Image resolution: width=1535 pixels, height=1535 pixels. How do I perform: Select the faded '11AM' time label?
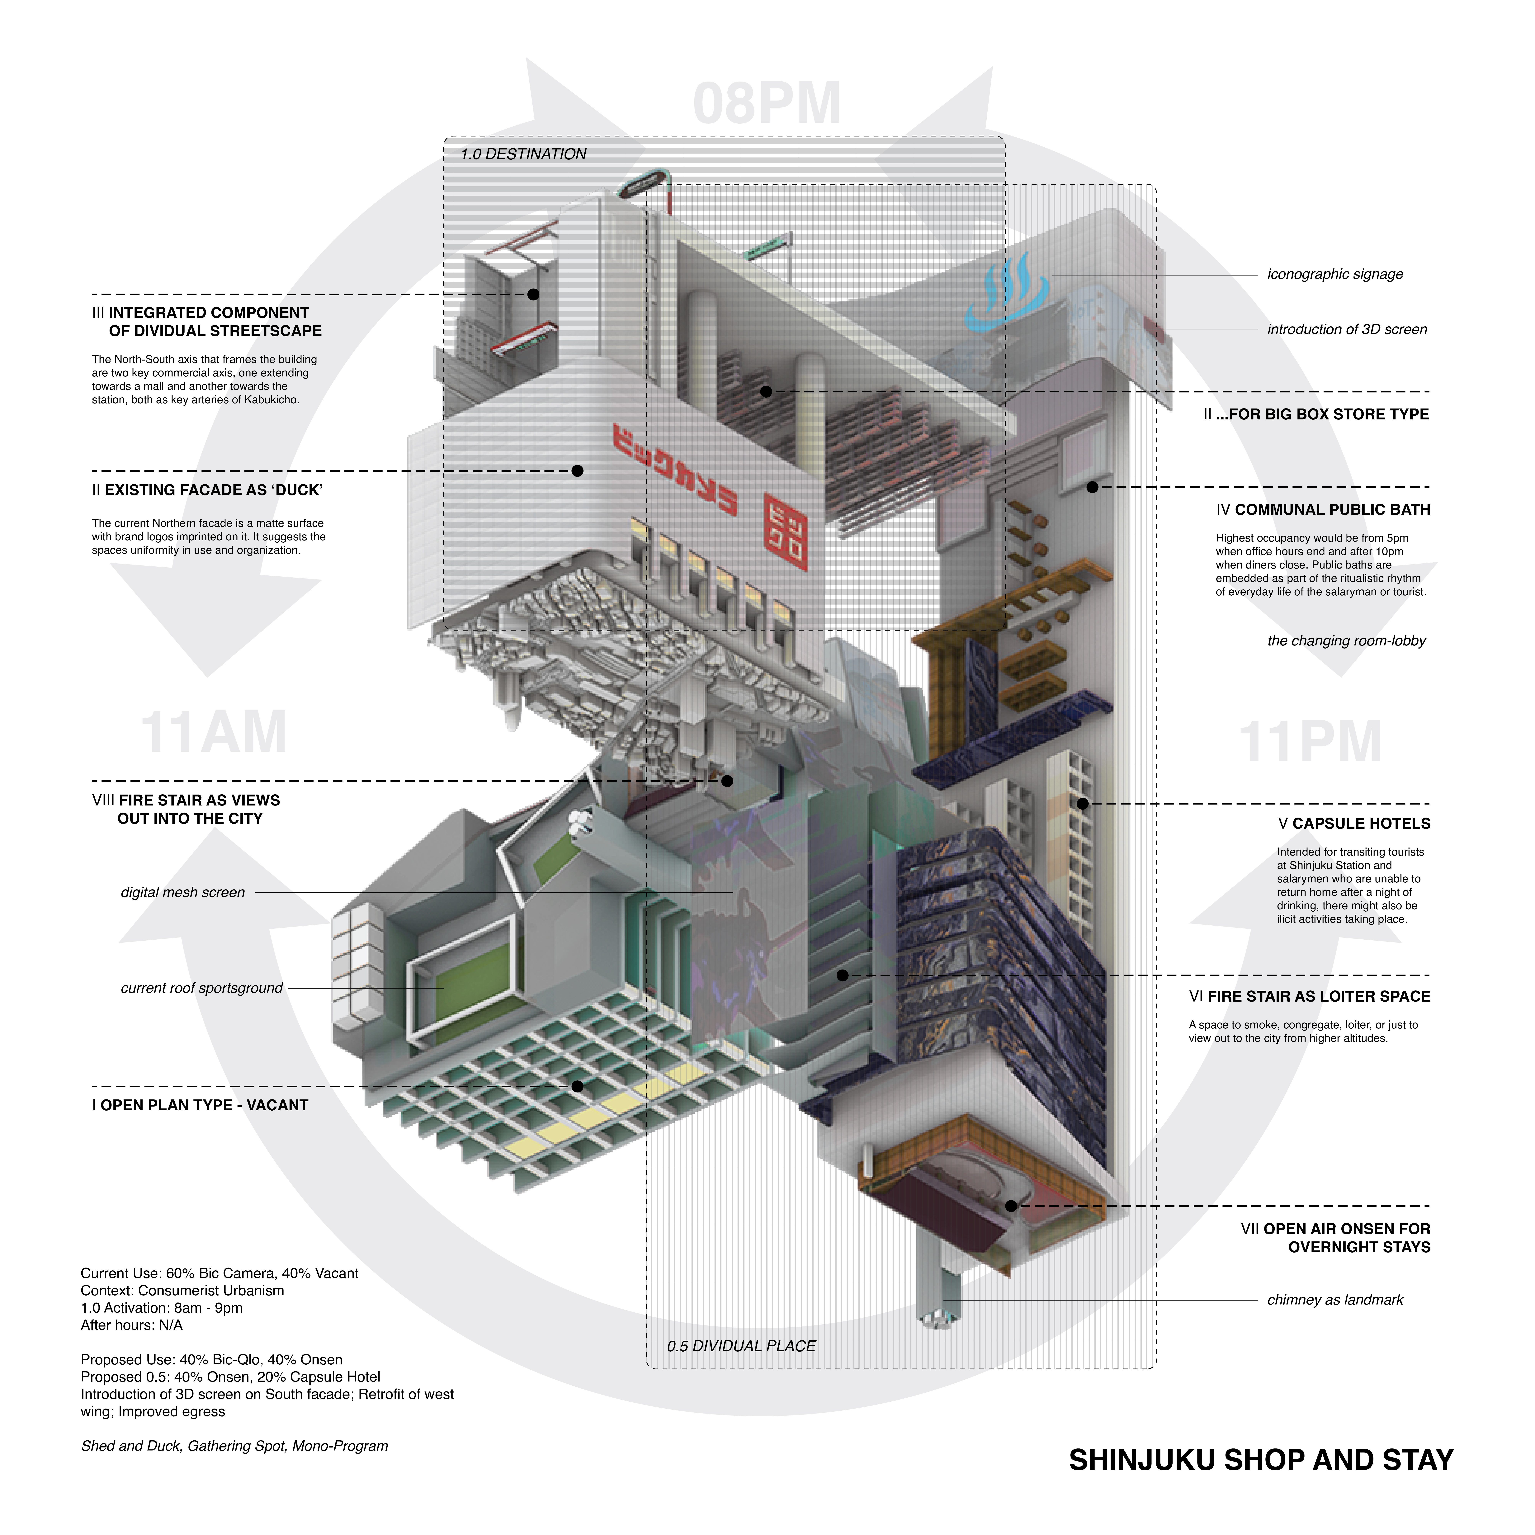point(213,733)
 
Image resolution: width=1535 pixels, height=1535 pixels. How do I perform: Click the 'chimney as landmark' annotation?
point(1335,1300)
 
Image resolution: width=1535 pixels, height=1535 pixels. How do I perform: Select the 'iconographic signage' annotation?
point(1335,274)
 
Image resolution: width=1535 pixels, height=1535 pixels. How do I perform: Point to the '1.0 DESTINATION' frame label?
point(524,154)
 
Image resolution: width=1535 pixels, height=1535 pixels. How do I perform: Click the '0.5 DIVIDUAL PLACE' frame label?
point(741,1346)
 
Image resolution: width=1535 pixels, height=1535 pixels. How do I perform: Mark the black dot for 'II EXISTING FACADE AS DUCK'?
point(578,471)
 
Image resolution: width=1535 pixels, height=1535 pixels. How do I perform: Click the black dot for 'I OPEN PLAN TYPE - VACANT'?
point(578,1086)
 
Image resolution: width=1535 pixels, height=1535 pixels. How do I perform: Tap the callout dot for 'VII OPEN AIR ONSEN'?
point(1011,1206)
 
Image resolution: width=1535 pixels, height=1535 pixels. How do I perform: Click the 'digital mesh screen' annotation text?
point(183,892)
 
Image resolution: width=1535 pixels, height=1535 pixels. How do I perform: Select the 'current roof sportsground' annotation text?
point(202,988)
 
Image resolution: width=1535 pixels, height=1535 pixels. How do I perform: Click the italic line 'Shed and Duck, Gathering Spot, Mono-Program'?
point(234,1446)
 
